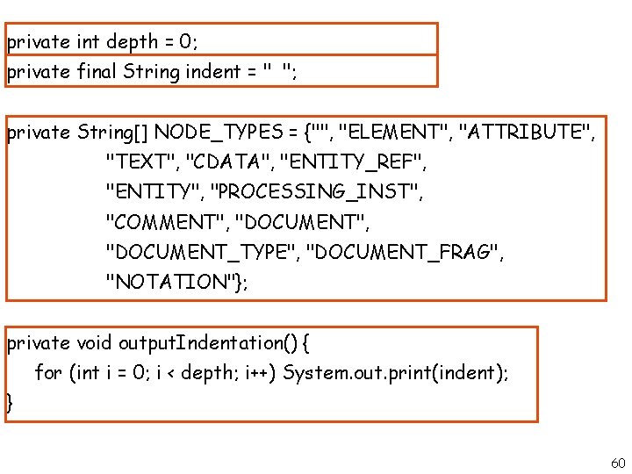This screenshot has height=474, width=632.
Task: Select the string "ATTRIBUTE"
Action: (527, 133)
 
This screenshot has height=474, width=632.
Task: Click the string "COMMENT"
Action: (164, 222)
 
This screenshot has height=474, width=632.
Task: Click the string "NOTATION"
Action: (171, 282)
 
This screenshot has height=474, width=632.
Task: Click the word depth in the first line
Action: (132, 41)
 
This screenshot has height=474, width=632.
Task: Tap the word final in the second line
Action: (97, 72)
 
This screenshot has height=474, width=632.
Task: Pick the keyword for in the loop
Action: (47, 372)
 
